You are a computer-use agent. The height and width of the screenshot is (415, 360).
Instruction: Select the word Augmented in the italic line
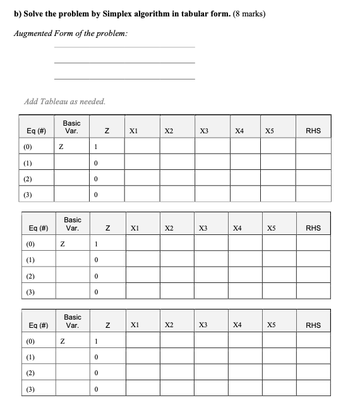point(34,33)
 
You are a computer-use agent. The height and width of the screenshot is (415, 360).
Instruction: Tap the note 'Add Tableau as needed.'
point(64,101)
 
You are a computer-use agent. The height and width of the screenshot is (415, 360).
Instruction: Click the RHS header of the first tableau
point(313,131)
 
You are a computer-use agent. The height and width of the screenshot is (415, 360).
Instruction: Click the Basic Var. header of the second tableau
point(73,224)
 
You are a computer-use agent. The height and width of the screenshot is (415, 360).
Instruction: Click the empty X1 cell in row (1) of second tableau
point(141,260)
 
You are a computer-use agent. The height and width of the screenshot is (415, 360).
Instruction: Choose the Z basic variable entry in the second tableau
point(61,244)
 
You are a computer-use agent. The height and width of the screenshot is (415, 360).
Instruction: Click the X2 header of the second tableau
point(169,228)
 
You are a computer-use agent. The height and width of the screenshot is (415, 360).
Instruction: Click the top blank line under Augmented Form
point(125,47)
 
